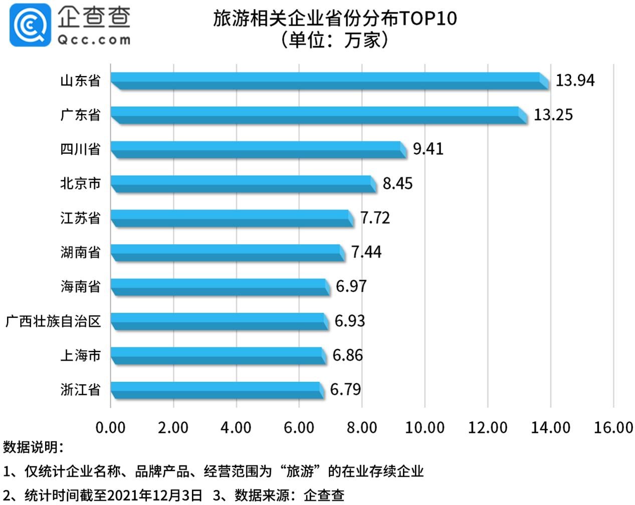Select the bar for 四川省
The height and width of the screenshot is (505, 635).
pyautogui.click(x=258, y=149)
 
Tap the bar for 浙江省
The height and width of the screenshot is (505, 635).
pyautogui.click(x=217, y=390)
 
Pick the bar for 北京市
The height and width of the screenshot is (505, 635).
pyautogui.click(x=243, y=184)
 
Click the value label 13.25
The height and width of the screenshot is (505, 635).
pyautogui.click(x=553, y=115)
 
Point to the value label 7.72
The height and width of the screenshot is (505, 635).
pyautogui.click(x=375, y=218)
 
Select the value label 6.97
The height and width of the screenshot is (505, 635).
pyautogui.click(x=351, y=286)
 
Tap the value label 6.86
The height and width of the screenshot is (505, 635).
pyautogui.click(x=347, y=355)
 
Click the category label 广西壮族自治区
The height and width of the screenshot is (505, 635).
pyautogui.click(x=53, y=321)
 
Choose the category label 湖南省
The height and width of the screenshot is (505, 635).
pyautogui.click(x=80, y=252)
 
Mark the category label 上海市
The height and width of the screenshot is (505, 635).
pyautogui.click(x=80, y=355)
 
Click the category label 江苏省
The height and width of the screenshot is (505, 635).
pyautogui.click(x=80, y=218)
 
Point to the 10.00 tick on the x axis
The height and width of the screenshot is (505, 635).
pyautogui.click(x=425, y=427)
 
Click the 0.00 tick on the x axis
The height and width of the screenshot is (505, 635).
pyautogui.click(x=110, y=427)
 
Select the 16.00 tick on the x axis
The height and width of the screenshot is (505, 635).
pyautogui.click(x=613, y=427)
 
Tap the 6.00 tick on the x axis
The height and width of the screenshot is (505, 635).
pyautogui.click(x=299, y=427)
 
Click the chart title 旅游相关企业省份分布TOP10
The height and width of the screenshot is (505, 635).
pyautogui.click(x=335, y=19)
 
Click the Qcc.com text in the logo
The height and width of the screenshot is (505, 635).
pyautogui.click(x=94, y=40)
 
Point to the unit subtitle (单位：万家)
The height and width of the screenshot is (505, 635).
pyautogui.click(x=335, y=40)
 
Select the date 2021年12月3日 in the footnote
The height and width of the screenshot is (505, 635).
pyautogui.click(x=155, y=495)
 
